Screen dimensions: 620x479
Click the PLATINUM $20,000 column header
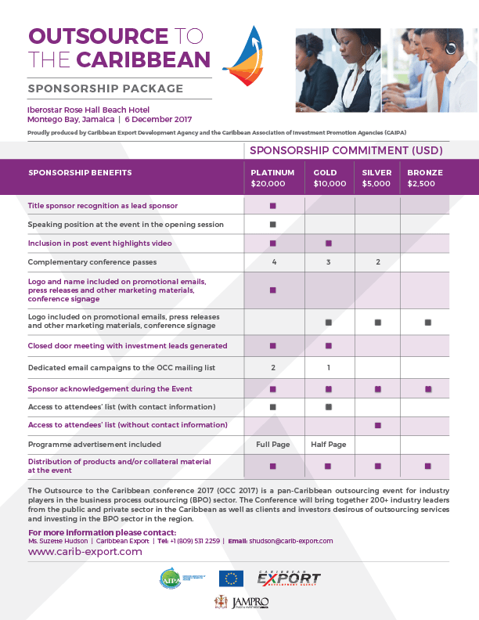pyautogui.click(x=272, y=178)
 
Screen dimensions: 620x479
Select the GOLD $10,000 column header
pyautogui.click(x=329, y=178)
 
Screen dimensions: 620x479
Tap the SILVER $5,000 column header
pyautogui.click(x=377, y=178)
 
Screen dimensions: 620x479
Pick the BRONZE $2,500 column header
pyautogui.click(x=425, y=178)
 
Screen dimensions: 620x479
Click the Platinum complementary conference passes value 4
pyautogui.click(x=274, y=261)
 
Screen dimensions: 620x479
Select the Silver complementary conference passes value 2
pyautogui.click(x=377, y=261)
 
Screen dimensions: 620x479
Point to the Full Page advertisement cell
pyautogui.click(x=273, y=444)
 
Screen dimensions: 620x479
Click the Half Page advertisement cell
pyautogui.click(x=329, y=444)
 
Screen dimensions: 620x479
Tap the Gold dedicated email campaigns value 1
pyautogui.click(x=329, y=367)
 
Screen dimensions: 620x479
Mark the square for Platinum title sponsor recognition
pyautogui.click(x=273, y=206)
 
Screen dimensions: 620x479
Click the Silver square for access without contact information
pyautogui.click(x=377, y=425)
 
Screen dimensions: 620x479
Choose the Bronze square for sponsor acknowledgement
pyautogui.click(x=427, y=389)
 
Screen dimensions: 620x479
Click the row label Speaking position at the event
pyautogui.click(x=126, y=225)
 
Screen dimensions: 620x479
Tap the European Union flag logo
pyautogui.click(x=231, y=579)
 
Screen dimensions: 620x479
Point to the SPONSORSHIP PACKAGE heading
pyautogui.click(x=106, y=88)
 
